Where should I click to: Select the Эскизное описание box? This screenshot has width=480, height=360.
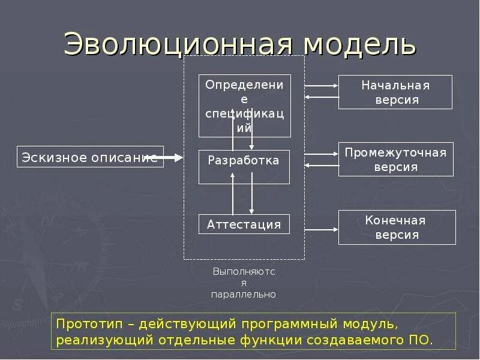click(90, 157)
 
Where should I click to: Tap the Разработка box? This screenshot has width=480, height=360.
click(244, 167)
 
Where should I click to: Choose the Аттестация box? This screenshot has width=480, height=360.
click(244, 224)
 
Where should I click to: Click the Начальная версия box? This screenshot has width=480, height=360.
click(395, 92)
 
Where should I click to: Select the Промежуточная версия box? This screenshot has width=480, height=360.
click(395, 159)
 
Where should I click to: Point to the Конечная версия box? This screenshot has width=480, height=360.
click(395, 227)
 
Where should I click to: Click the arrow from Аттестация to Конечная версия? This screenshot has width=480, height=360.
click(322, 229)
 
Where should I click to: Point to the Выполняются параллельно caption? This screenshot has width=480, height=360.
click(244, 283)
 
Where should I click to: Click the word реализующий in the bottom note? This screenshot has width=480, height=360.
click(104, 340)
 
